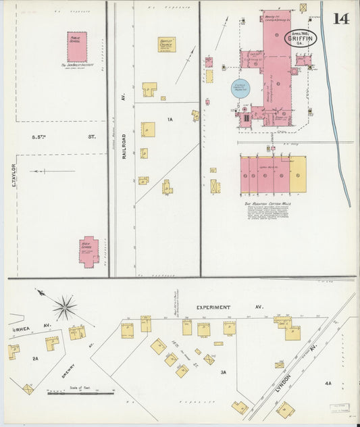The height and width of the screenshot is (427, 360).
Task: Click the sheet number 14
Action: tap(340, 18)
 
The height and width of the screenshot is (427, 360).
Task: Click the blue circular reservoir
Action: tap(242, 89)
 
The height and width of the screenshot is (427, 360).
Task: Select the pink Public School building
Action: tap(77, 45)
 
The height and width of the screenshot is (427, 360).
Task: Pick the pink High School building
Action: tap(88, 251)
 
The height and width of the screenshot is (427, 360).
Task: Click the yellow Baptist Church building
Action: tap(167, 44)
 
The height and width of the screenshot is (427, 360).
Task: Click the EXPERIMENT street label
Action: tap(215, 307)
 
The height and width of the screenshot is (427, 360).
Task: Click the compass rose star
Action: tap(65, 308)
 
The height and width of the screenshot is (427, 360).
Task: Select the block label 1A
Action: tap(170, 120)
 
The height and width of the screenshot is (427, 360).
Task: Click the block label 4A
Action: tap(328, 383)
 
